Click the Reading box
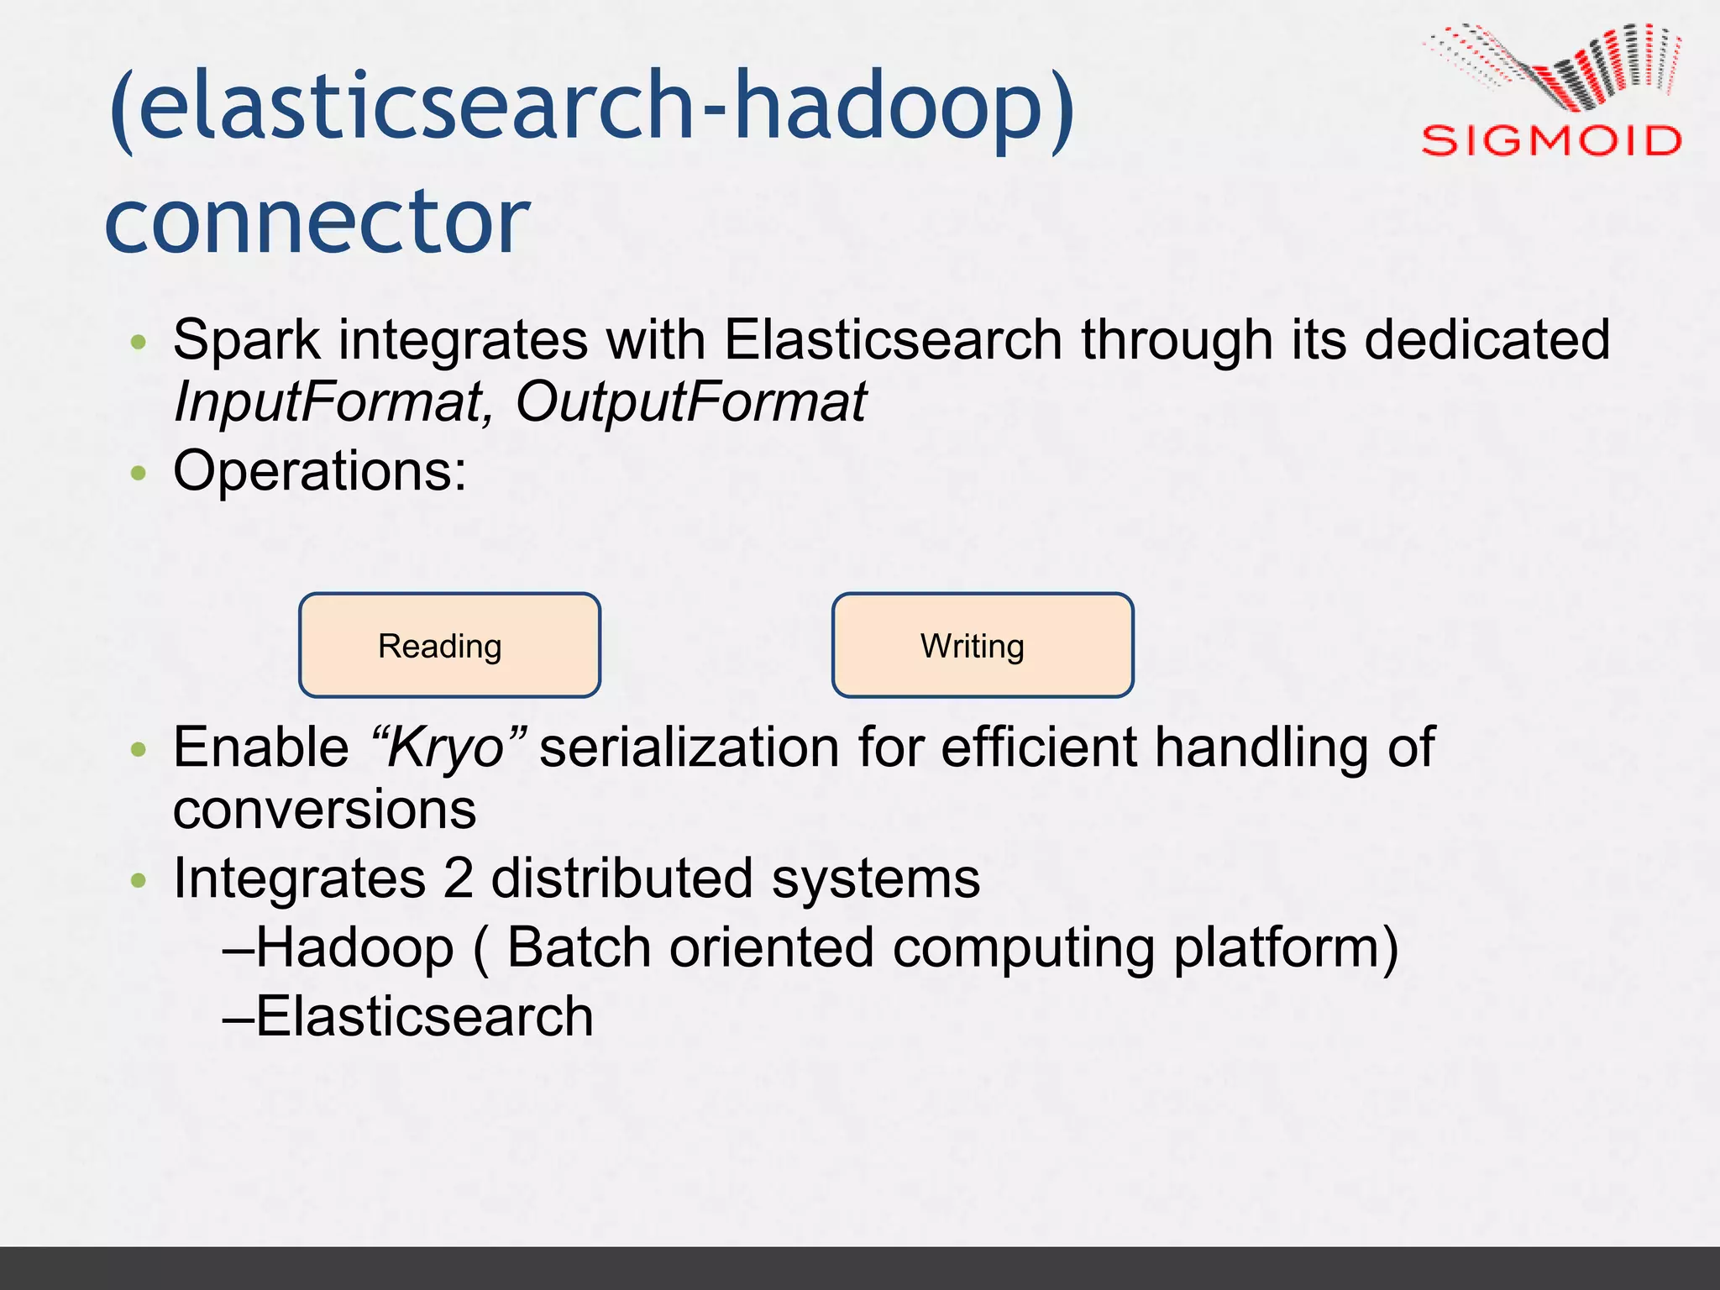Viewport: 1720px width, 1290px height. coord(449,645)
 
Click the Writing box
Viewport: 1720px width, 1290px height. coord(982,645)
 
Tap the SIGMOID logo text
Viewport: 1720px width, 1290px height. coord(1550,140)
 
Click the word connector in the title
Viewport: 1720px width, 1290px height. coord(317,221)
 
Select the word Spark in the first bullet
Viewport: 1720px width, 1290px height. coord(247,340)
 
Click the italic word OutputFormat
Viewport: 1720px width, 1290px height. coord(690,401)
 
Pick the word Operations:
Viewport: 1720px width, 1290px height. coord(319,470)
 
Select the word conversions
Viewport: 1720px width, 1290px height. coord(324,810)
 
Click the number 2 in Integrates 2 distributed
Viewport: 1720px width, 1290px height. coord(459,878)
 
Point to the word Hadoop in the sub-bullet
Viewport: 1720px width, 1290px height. coord(354,948)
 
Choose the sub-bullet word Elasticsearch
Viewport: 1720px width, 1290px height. coord(424,1016)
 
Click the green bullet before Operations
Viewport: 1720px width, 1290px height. coord(139,474)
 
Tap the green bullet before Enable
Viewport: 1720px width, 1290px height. coord(139,748)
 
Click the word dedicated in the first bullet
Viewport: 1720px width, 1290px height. coord(1487,340)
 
